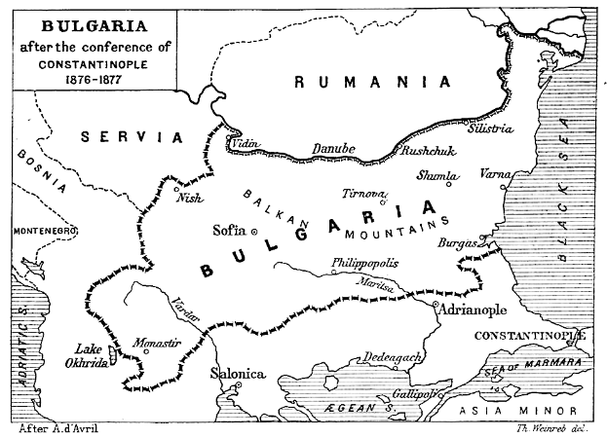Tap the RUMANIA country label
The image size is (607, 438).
click(x=374, y=84)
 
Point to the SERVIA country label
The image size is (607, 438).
click(x=133, y=138)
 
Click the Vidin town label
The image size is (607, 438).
click(x=247, y=144)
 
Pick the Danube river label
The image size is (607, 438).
click(x=333, y=149)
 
